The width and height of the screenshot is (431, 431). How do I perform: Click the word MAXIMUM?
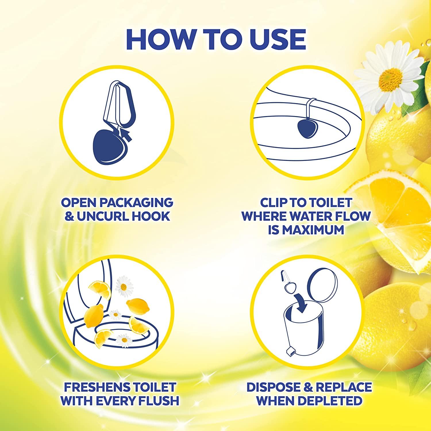coord(306,230)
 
